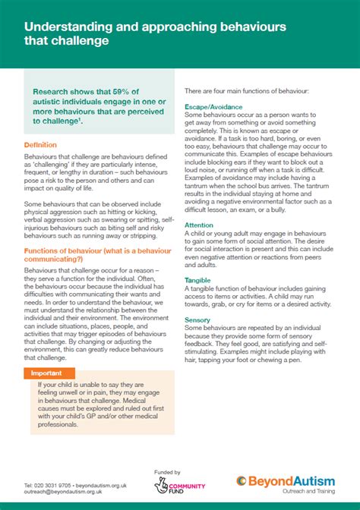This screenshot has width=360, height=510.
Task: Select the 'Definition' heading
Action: tap(39, 145)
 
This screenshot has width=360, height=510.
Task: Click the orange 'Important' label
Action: tap(47, 373)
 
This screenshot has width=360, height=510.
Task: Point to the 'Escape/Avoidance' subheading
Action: tap(213, 108)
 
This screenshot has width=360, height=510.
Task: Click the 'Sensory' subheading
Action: tap(197, 320)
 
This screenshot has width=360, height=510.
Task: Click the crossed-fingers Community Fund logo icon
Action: tap(160, 485)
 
